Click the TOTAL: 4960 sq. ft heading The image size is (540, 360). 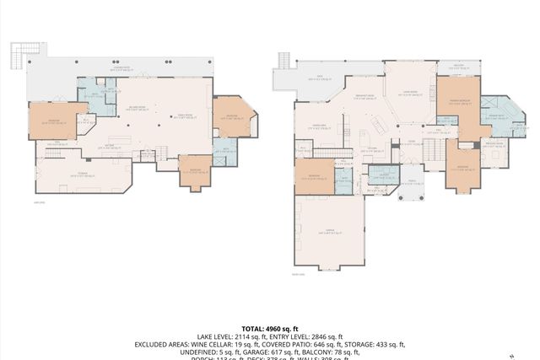269,329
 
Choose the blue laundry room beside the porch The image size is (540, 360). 384,178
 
